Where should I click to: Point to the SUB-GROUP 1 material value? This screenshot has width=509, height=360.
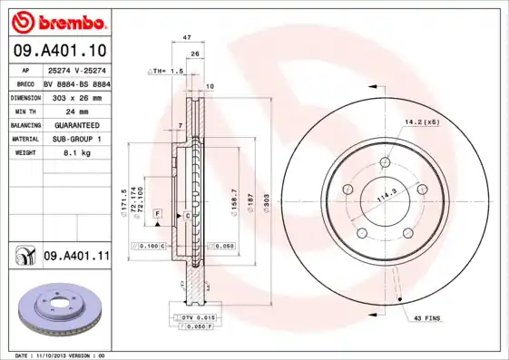[73, 139]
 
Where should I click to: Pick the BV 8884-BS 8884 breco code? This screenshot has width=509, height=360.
[76, 81]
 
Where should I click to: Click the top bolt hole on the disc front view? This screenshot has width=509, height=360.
[386, 163]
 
